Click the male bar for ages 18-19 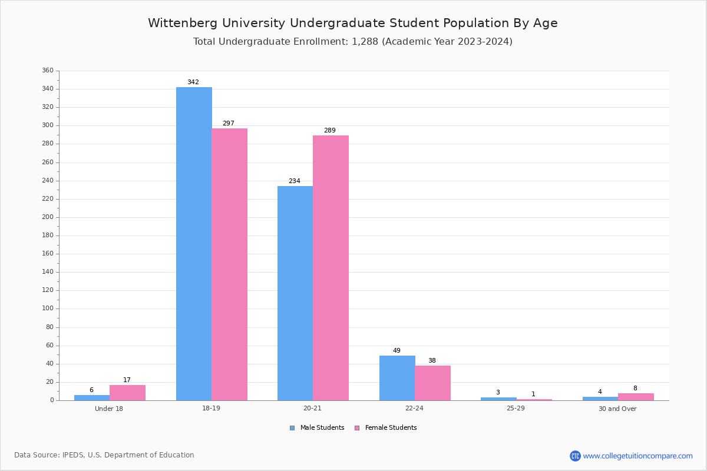click(x=194, y=244)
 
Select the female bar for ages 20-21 click(x=331, y=268)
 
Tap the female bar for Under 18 click(x=127, y=393)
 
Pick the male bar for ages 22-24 click(x=397, y=378)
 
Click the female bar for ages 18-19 click(x=230, y=264)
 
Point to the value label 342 click(x=193, y=82)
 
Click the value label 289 click(x=329, y=131)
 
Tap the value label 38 click(x=432, y=361)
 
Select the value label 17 click(x=127, y=380)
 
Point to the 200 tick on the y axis click(x=48, y=217)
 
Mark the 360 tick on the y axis click(x=48, y=71)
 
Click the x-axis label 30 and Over click(x=617, y=409)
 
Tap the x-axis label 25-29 click(x=516, y=409)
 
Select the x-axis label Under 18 click(x=109, y=409)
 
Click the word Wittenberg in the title click(x=176, y=24)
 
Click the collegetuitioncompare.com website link click(x=637, y=456)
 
